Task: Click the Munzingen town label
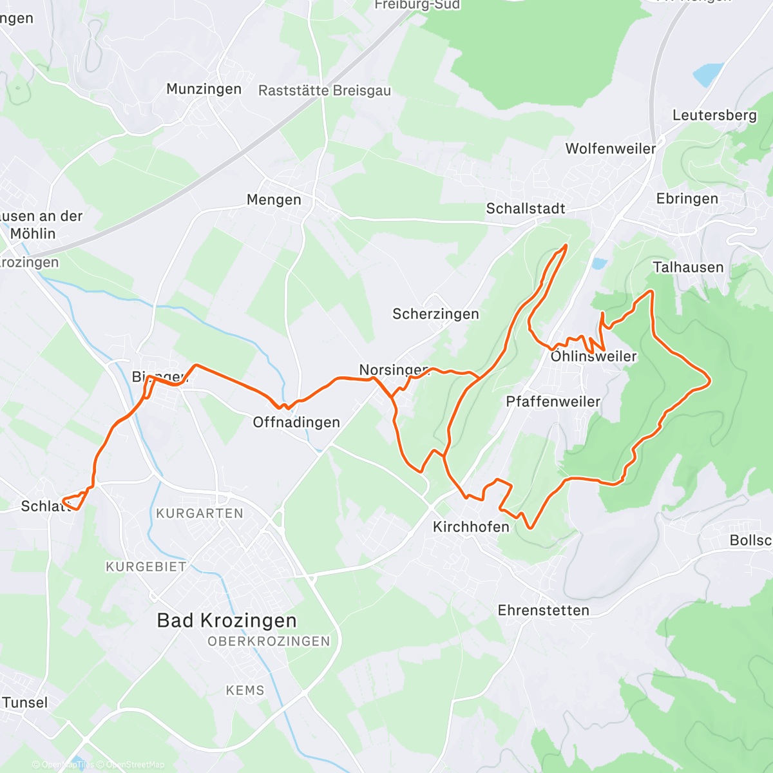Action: pyautogui.click(x=204, y=89)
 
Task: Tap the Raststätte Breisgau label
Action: pyautogui.click(x=325, y=91)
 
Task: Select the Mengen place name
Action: pyautogui.click(x=274, y=200)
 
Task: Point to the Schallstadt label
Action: pyautogui.click(x=526, y=208)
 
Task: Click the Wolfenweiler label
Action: pyautogui.click(x=611, y=148)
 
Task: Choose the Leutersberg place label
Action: pyautogui.click(x=714, y=115)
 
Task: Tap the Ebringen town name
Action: pyautogui.click(x=687, y=198)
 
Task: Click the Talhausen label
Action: pyautogui.click(x=688, y=267)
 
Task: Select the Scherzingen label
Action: pyautogui.click(x=435, y=314)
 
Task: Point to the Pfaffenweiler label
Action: pyautogui.click(x=553, y=401)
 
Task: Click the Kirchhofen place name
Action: pyautogui.click(x=471, y=526)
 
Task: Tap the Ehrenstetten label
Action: pyautogui.click(x=543, y=610)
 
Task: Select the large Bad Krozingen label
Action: pyautogui.click(x=227, y=620)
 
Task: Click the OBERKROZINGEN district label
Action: pyautogui.click(x=269, y=642)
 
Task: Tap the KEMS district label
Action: pyautogui.click(x=245, y=690)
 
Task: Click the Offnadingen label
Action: pyautogui.click(x=296, y=422)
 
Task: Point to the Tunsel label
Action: pyautogui.click(x=25, y=702)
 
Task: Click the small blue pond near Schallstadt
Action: pyautogui.click(x=599, y=263)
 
